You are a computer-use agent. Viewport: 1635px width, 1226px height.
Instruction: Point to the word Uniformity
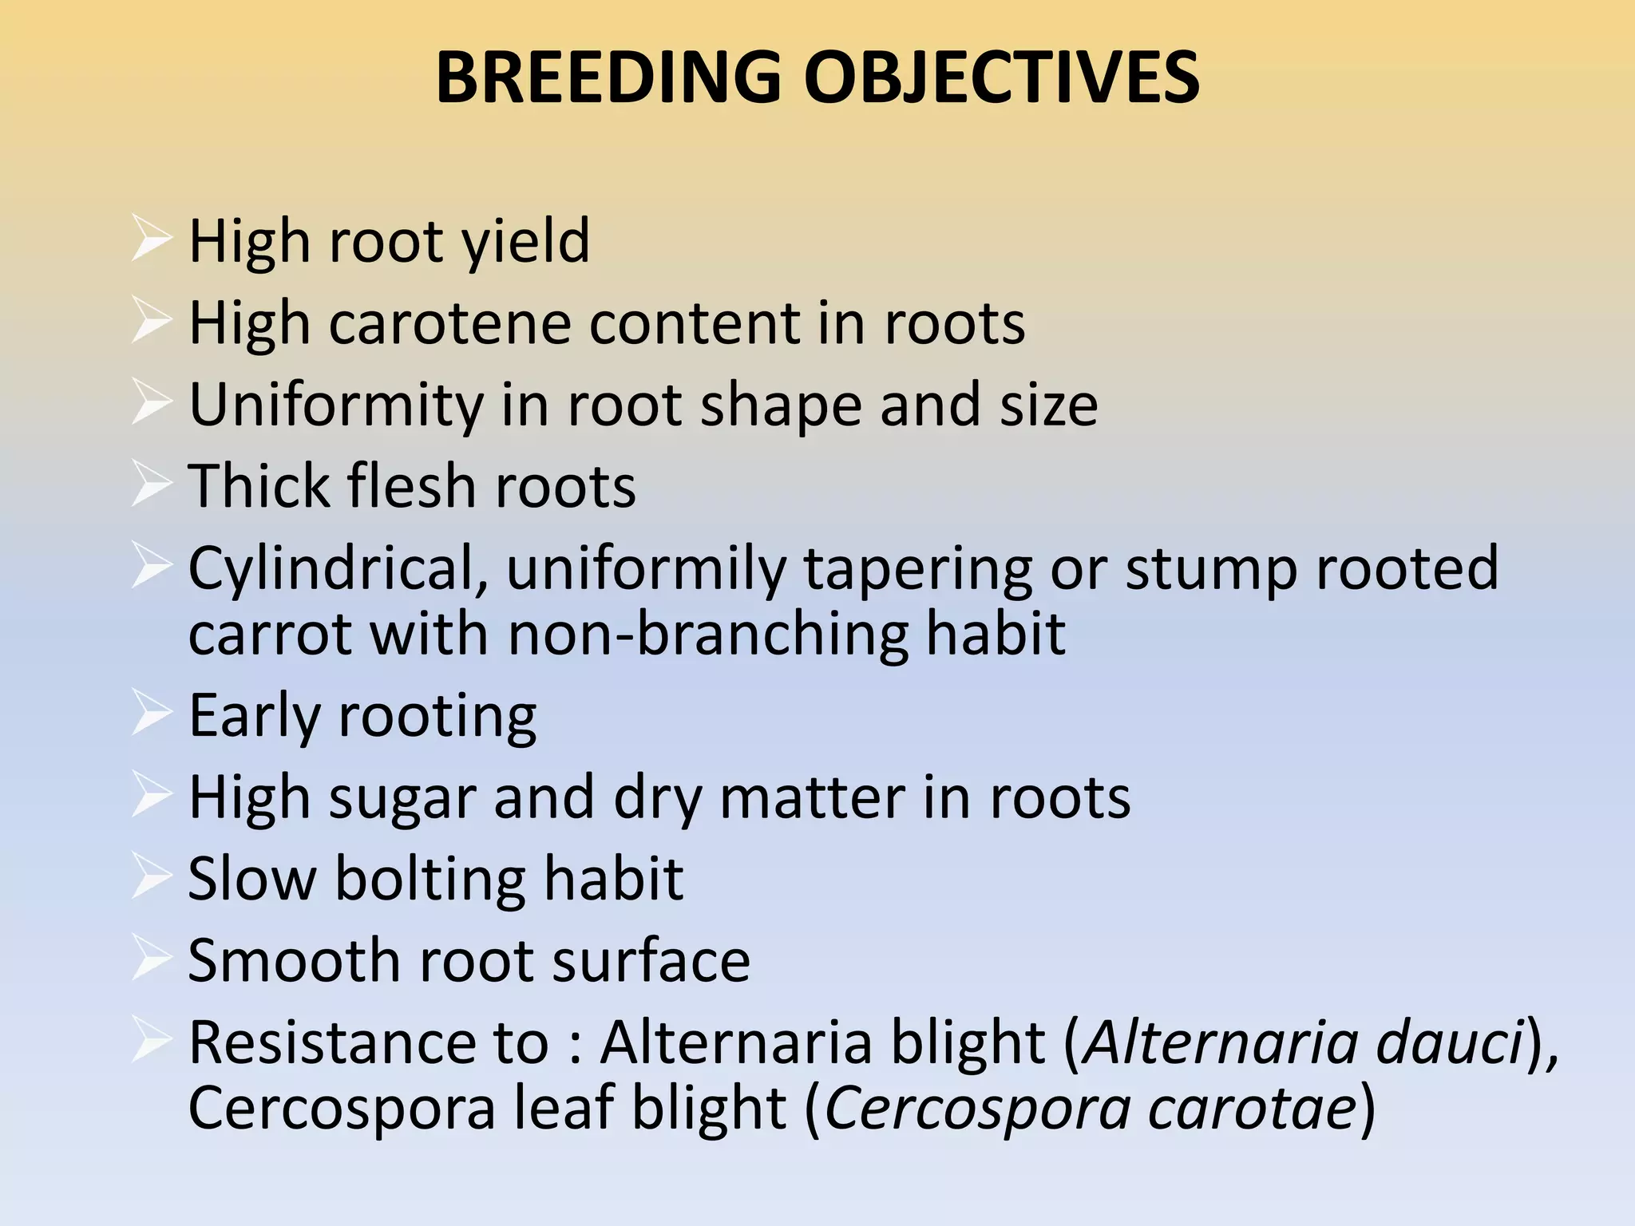pos(336,405)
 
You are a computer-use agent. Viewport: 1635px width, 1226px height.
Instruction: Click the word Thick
pos(257,486)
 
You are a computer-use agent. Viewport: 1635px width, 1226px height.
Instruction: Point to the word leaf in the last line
pos(564,1109)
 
